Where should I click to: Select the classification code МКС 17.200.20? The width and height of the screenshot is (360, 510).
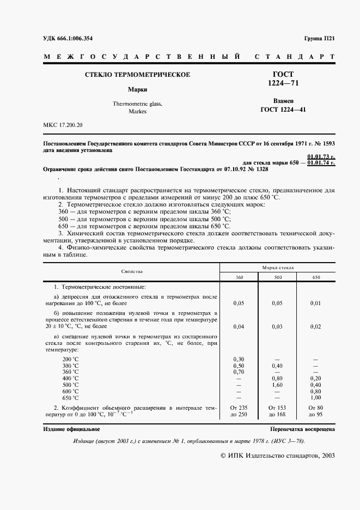pyautogui.click(x=63, y=126)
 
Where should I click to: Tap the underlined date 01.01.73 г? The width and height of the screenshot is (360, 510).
pyautogui.click(x=321, y=157)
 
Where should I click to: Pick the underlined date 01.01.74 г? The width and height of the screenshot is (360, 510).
pyautogui.click(x=321, y=163)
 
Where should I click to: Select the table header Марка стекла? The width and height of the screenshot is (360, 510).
pyautogui.click(x=278, y=268)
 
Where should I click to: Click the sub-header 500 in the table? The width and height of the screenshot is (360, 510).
pyautogui.click(x=278, y=277)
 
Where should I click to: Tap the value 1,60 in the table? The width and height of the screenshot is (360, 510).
pyautogui.click(x=278, y=384)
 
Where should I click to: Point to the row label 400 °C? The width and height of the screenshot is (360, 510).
pyautogui.click(x=70, y=378)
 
